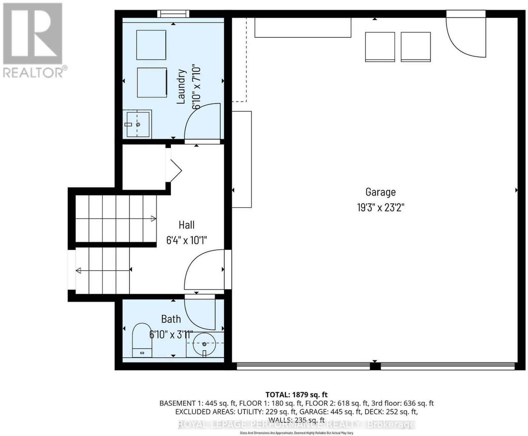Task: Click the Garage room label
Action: [x=380, y=192]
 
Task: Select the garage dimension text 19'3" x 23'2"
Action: [x=381, y=207]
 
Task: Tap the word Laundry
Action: [x=181, y=87]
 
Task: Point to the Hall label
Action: [x=186, y=225]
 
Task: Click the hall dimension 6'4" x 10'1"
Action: [x=186, y=240]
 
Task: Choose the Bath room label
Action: [x=171, y=319]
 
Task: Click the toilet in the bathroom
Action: [x=142, y=340]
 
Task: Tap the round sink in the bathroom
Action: [x=204, y=344]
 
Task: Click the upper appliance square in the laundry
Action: [x=151, y=45]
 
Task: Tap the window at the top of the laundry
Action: [x=173, y=14]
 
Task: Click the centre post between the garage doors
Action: [x=375, y=366]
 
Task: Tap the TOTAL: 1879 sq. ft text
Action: [x=296, y=394]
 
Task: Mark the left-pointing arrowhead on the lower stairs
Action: [x=79, y=271]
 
